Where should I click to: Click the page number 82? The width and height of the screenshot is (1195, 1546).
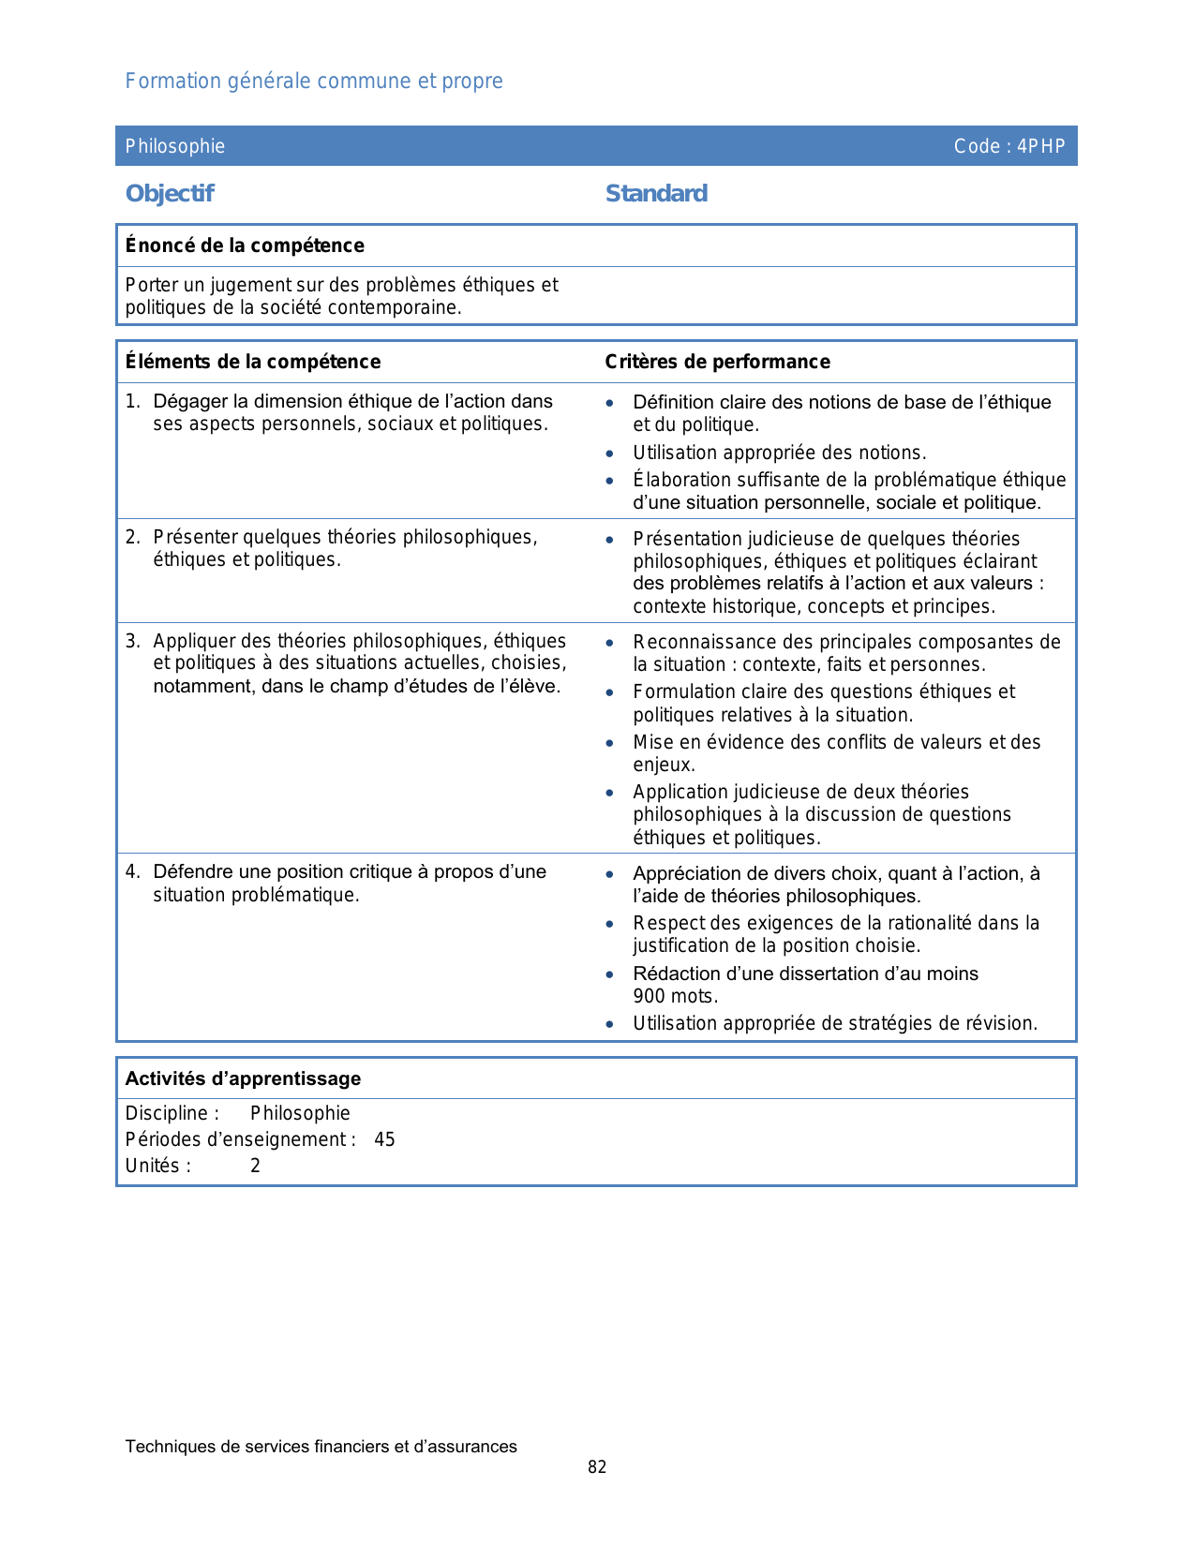coord(597,1467)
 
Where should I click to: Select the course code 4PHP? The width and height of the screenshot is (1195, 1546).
coord(1041,146)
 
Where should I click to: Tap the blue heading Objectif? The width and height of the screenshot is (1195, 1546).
coord(170,194)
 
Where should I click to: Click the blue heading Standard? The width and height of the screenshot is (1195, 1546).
coord(656,194)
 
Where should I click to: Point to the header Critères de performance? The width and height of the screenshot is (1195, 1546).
coord(717,362)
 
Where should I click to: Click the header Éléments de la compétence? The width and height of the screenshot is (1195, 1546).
coord(253,362)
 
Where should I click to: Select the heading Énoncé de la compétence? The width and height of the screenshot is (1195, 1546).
coord(245,245)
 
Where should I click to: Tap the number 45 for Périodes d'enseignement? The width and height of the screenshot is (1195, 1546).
coord(384,1139)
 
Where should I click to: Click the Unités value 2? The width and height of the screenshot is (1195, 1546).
coord(255,1166)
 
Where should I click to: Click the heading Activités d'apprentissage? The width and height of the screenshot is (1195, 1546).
coord(243,1078)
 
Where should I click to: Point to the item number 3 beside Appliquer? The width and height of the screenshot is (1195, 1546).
coord(132,641)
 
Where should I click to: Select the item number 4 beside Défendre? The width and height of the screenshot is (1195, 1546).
coord(132,871)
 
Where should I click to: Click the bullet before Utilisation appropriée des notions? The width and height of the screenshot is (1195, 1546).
coord(610,453)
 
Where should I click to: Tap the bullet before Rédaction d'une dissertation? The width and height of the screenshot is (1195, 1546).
coord(610,974)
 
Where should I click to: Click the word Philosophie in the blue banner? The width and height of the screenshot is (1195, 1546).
coord(175,146)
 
